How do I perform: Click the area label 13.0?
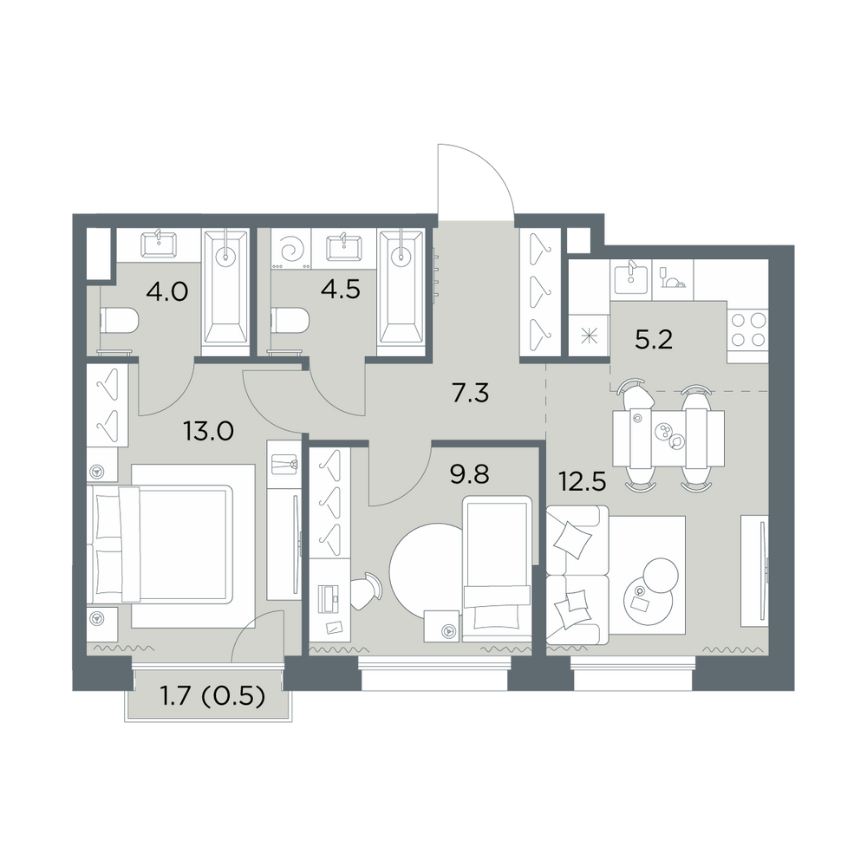(209, 431)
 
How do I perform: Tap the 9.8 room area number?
(470, 474)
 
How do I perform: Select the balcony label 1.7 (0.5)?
(212, 697)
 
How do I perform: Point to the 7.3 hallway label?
(470, 394)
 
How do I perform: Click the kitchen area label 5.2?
(654, 340)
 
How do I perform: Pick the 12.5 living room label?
(583, 482)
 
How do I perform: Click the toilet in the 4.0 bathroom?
(118, 322)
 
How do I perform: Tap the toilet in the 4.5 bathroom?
(290, 322)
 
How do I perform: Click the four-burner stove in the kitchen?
(748, 329)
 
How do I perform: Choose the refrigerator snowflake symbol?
(589, 335)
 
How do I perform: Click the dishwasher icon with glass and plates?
(673, 279)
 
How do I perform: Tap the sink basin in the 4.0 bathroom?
(160, 244)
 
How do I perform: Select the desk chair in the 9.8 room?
(366, 590)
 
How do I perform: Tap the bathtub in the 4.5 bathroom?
(401, 294)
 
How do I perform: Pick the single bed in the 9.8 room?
(498, 569)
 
